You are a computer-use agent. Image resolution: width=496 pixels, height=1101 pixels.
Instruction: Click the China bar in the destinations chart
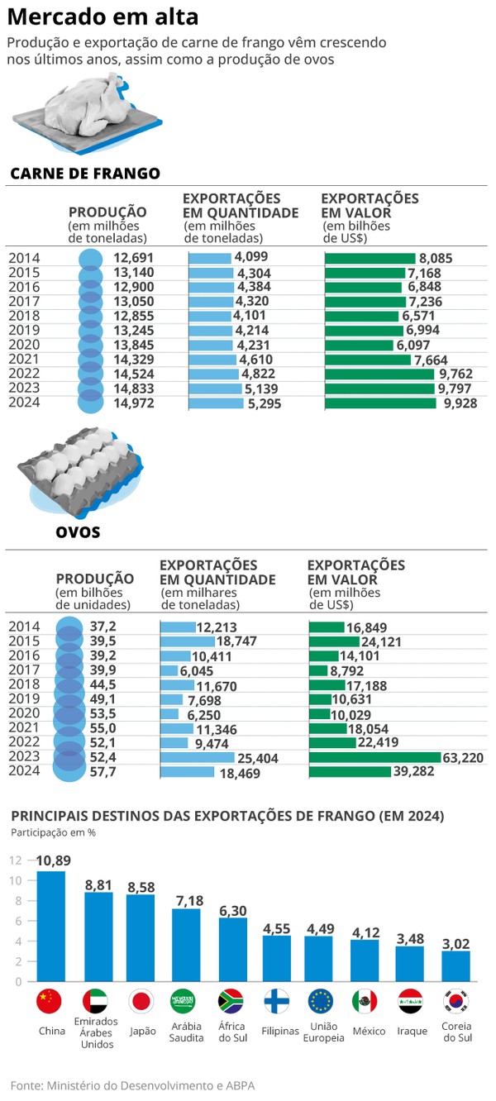pyautogui.click(x=51, y=926)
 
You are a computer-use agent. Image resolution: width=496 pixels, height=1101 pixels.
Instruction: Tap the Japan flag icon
pyautogui.click(x=141, y=1001)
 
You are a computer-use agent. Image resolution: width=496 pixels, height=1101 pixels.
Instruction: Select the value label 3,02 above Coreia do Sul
pyautogui.click(x=455, y=943)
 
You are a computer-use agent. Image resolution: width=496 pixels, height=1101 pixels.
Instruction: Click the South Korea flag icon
pyautogui.click(x=456, y=1001)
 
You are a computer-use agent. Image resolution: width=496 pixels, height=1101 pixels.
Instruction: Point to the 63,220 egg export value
pyautogui.click(x=463, y=757)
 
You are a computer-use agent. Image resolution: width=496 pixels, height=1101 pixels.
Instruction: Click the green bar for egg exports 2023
pyautogui.click(x=375, y=757)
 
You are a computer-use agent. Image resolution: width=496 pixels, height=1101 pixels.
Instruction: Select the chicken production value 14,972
pyautogui.click(x=134, y=403)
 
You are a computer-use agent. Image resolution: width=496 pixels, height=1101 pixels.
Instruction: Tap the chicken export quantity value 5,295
pyautogui.click(x=265, y=403)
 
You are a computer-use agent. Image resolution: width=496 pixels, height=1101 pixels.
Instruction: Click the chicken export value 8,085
pyautogui.click(x=436, y=258)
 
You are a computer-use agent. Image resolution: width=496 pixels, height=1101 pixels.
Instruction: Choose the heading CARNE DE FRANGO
pyautogui.click(x=85, y=174)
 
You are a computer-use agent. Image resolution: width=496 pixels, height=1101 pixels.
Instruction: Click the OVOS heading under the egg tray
pyautogui.click(x=78, y=531)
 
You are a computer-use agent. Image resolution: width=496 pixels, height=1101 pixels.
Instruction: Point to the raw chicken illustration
pyautogui.click(x=87, y=112)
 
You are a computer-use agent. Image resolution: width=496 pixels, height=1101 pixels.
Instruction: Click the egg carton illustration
pyautogui.click(x=80, y=471)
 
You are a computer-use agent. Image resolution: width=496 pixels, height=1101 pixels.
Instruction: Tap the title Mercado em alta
pyautogui.click(x=103, y=17)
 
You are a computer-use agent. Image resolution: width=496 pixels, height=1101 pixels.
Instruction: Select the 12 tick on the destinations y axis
pyautogui.click(x=15, y=860)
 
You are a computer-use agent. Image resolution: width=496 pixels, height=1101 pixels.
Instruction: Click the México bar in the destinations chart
pyautogui.click(x=365, y=960)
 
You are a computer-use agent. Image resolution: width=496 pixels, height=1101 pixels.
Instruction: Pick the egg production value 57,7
pyautogui.click(x=103, y=772)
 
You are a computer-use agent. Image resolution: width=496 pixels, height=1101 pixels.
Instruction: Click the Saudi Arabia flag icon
pyautogui.click(x=183, y=1001)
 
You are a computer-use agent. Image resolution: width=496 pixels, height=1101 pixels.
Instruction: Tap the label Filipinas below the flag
pyautogui.click(x=280, y=1031)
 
